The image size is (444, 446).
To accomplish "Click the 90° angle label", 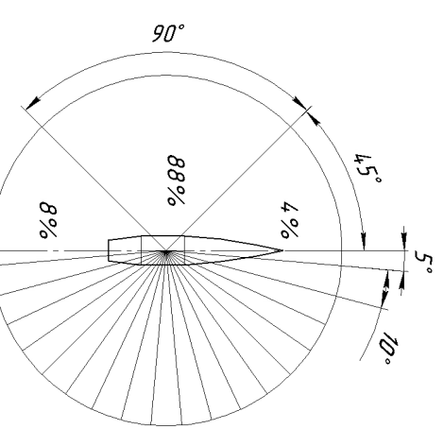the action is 168,33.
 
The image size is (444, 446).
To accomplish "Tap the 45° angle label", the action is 368,168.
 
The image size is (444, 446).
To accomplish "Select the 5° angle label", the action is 424,262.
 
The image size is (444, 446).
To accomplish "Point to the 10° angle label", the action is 388,348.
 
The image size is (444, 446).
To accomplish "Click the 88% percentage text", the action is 177,180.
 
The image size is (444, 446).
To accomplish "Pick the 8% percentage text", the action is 48,220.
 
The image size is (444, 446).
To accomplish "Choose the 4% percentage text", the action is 289,220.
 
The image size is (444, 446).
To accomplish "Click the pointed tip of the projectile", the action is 282,250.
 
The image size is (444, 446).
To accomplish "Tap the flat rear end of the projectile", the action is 109,250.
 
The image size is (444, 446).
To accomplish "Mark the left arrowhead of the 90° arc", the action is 33,103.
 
